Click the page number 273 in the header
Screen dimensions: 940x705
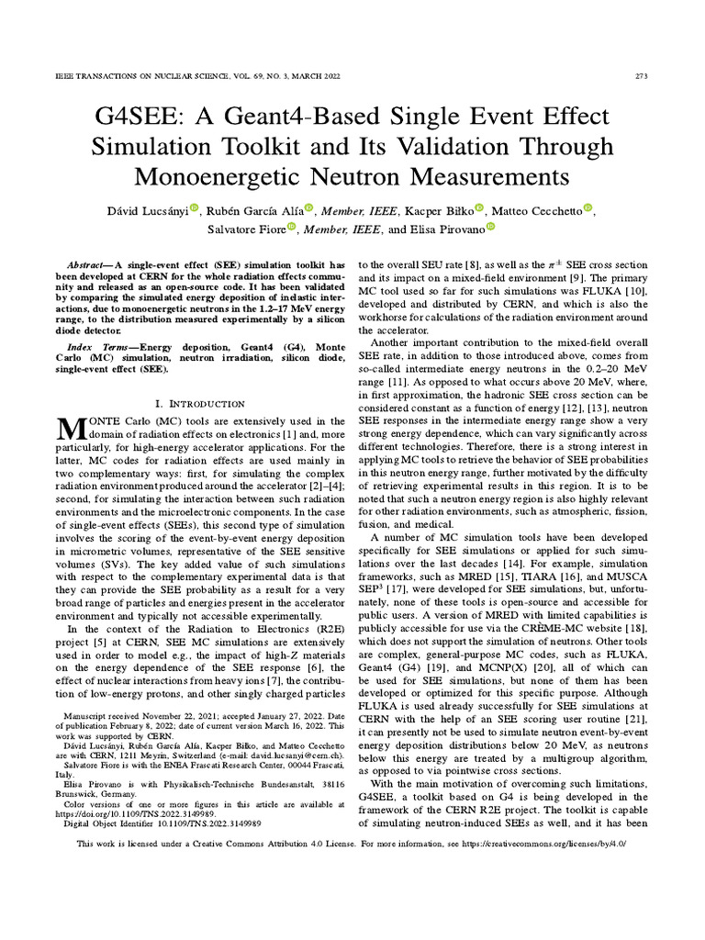[x=643, y=75]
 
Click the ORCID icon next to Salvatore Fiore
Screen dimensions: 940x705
[x=291, y=228]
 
